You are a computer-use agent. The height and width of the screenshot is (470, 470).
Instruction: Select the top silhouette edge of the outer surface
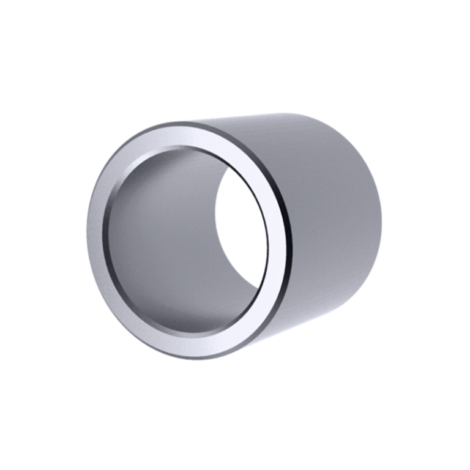pyautogui.click(x=275, y=116)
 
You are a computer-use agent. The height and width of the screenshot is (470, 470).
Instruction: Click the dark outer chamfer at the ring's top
pyautogui.click(x=184, y=125)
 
